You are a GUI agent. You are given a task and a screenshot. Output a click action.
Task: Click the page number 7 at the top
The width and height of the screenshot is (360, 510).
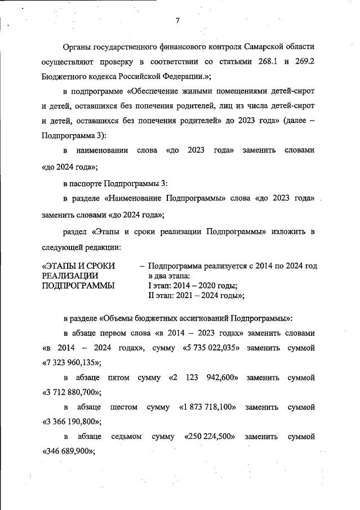coord(177,21)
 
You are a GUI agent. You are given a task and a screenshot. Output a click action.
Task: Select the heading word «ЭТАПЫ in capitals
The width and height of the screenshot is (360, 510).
coord(61,265)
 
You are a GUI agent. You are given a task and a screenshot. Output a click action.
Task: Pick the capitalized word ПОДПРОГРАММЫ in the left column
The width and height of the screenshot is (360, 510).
coord(78,286)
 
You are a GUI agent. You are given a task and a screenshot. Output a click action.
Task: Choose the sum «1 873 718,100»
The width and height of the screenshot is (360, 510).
coord(207,407)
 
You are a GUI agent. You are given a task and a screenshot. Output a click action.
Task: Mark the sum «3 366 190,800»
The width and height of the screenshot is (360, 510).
coord(72,421)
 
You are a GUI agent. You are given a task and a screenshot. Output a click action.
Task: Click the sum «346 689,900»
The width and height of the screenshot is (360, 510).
coord(68,451)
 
